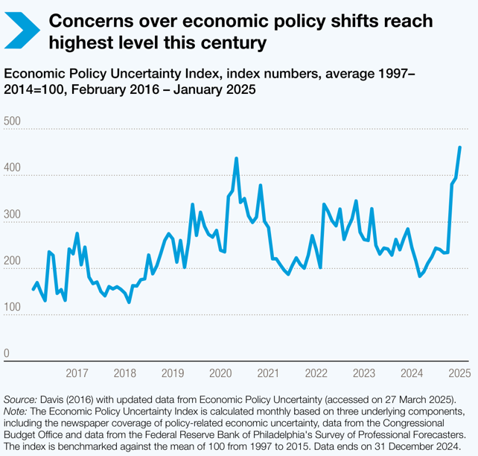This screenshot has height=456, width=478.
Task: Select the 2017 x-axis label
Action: [77, 373]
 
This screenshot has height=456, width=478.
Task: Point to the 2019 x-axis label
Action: [172, 373]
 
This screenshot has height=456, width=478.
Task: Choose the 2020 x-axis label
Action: [220, 373]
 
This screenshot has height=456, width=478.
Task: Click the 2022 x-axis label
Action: [316, 373]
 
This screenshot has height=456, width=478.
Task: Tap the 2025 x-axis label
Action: [459, 373]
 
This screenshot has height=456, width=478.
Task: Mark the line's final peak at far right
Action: [459, 148]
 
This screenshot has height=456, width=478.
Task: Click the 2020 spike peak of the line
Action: [236, 158]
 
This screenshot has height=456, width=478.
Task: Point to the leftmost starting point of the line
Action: [33, 289]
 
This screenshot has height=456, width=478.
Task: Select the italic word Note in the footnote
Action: [16, 412]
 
